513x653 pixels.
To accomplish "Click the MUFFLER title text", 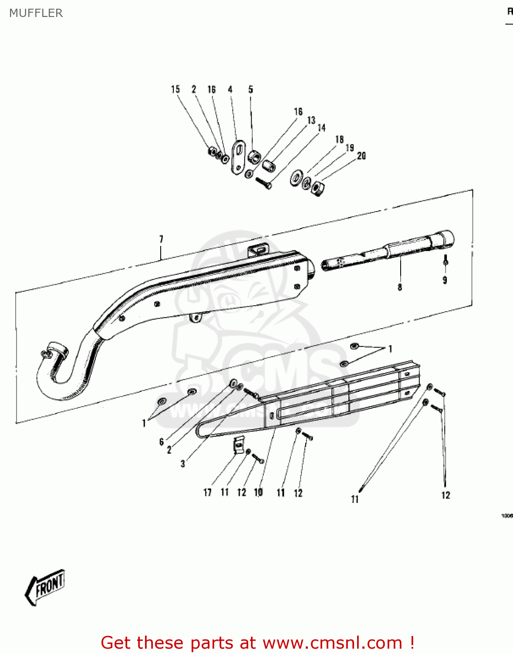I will click(x=36, y=13).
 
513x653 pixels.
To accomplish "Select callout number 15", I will click(x=175, y=89).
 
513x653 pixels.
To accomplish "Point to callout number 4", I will click(x=230, y=89).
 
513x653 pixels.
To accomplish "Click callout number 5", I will click(x=250, y=89).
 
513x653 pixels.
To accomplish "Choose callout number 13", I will click(x=311, y=120).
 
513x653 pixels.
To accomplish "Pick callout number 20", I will click(x=361, y=155).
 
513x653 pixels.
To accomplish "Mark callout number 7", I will click(x=161, y=239).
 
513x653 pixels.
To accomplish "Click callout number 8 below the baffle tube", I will click(x=400, y=287).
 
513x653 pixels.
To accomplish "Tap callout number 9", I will click(x=445, y=280).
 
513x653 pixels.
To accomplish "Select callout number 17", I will click(x=207, y=492).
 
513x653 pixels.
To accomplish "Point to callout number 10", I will click(x=258, y=492).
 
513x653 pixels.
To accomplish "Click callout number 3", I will click(x=183, y=464).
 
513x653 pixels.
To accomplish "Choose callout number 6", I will click(x=161, y=442).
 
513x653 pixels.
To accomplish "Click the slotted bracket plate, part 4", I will click(x=238, y=157).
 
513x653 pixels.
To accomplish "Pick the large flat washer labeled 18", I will click(x=297, y=178).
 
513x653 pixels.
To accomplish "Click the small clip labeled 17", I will click(x=238, y=445).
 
